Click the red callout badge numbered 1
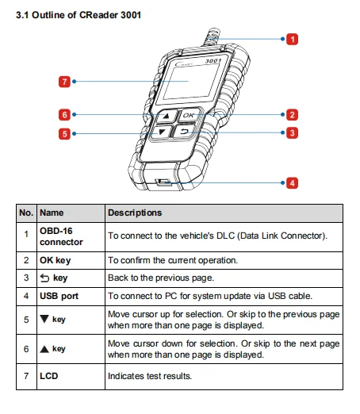(292, 39)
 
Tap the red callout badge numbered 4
(292, 183)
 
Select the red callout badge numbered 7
(64, 82)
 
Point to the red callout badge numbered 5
(64, 134)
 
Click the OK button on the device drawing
(189, 115)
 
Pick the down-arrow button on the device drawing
(161, 132)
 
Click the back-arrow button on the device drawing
(184, 131)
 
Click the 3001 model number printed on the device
(213, 61)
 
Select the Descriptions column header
(135, 213)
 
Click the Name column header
(52, 213)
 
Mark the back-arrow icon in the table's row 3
(44, 278)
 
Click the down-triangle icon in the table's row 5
(44, 319)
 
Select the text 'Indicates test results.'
(150, 376)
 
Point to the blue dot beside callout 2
(283, 115)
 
